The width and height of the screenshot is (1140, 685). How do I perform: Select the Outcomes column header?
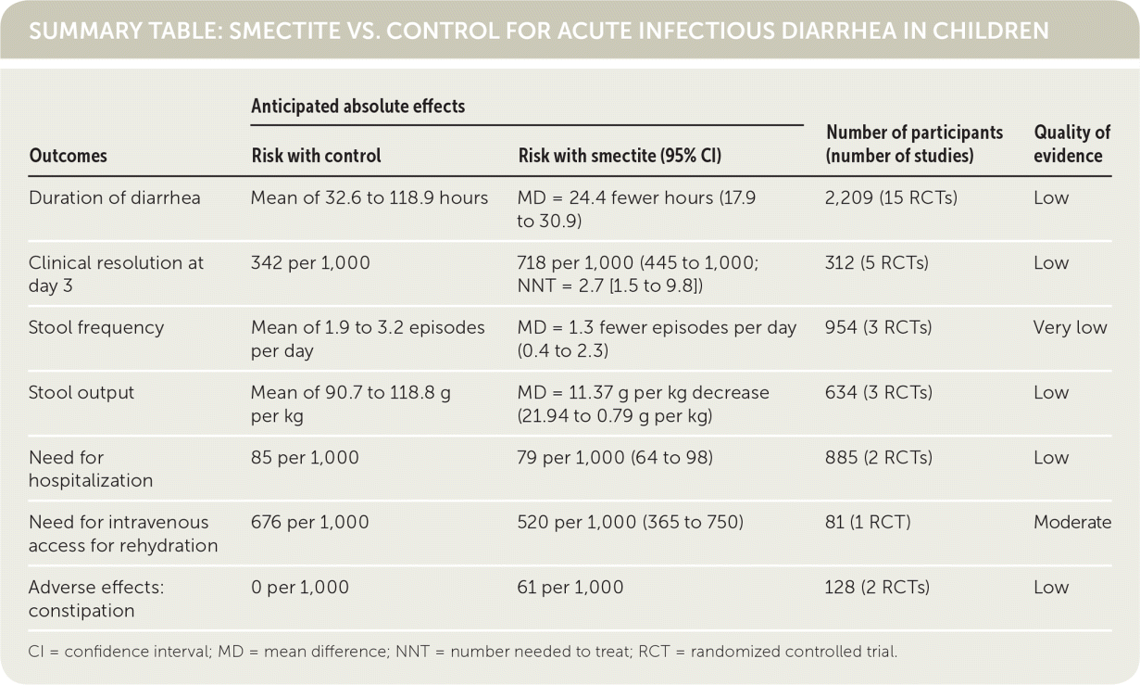click(68, 156)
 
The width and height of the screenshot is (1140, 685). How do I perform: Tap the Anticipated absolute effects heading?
click(357, 106)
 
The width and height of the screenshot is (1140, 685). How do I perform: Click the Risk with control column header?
click(316, 156)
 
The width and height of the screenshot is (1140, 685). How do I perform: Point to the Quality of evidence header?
click(1071, 144)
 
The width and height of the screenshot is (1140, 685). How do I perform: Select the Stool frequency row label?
click(96, 327)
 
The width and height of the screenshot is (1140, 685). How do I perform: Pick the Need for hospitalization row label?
click(90, 468)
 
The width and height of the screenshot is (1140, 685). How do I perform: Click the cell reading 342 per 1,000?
click(310, 262)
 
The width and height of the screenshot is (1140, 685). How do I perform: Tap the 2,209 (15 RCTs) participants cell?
click(890, 197)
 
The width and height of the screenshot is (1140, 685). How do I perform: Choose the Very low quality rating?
click(1070, 327)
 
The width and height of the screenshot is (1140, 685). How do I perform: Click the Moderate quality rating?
click(1071, 522)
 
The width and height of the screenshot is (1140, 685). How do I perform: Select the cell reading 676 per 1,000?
click(309, 522)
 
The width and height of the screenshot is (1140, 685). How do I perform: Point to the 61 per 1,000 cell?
click(570, 587)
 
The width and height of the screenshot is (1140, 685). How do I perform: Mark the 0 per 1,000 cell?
click(300, 587)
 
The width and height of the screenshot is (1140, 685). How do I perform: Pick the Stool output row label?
click(81, 392)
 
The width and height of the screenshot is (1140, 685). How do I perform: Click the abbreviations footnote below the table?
click(463, 651)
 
